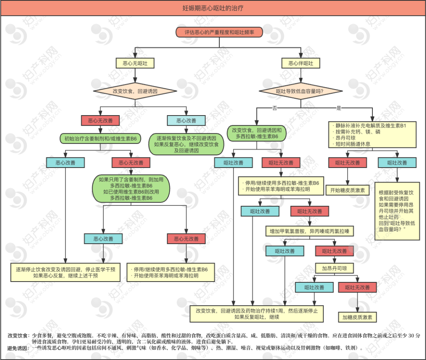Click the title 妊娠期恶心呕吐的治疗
pyautogui.click(x=213, y=7)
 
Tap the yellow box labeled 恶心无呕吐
pyautogui.click(x=135, y=63)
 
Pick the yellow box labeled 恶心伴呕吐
pyautogui.click(x=301, y=63)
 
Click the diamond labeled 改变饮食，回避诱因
pyautogui.click(x=135, y=91)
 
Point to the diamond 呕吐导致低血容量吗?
pyautogui.click(x=301, y=91)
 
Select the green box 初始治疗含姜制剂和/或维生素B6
pyautogui.click(x=101, y=139)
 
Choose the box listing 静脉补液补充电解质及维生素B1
pyautogui.click(x=372, y=135)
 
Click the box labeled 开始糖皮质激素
pyautogui.click(x=348, y=190)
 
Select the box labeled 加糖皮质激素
pyautogui.click(x=357, y=317)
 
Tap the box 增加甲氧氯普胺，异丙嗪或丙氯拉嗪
pyautogui.click(x=310, y=230)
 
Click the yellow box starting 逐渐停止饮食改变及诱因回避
pyautogui.click(x=65, y=272)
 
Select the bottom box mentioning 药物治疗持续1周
pyautogui.click(x=256, y=314)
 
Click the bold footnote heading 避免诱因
pyautogui.click(x=18, y=348)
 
